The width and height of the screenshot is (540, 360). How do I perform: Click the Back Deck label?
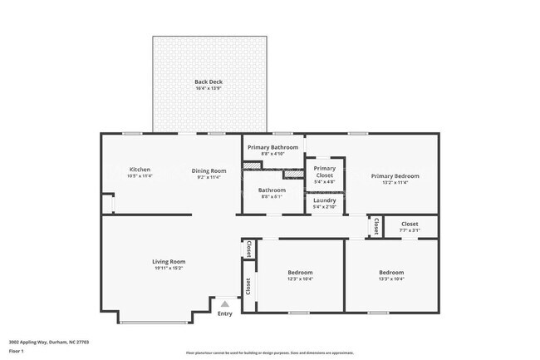pos(209,81)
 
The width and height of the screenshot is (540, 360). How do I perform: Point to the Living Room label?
pos(168,261)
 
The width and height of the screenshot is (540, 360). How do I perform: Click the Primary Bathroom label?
pos(272,147)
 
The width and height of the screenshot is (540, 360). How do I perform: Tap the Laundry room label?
pos(324,200)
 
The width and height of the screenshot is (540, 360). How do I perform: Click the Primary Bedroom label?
pos(395,175)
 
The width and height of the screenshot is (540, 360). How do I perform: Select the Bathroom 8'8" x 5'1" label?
pos(272,190)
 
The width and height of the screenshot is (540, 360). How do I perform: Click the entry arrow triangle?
pos(224,304)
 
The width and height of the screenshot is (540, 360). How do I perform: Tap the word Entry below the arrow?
pos(224,313)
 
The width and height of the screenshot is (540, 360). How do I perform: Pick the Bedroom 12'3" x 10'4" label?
pos(300,273)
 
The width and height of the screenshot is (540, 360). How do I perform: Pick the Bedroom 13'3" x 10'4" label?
pos(391,273)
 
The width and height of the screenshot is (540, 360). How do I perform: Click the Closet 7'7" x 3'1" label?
pos(410,224)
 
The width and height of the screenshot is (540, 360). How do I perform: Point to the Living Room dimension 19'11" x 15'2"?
pos(168,268)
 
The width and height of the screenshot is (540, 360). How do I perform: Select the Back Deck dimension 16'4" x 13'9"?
pos(209,88)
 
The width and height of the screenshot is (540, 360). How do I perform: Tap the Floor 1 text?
pos(17,351)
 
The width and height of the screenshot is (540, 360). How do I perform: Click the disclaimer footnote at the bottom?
pos(269,353)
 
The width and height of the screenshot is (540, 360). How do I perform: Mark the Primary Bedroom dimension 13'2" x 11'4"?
pos(395,182)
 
